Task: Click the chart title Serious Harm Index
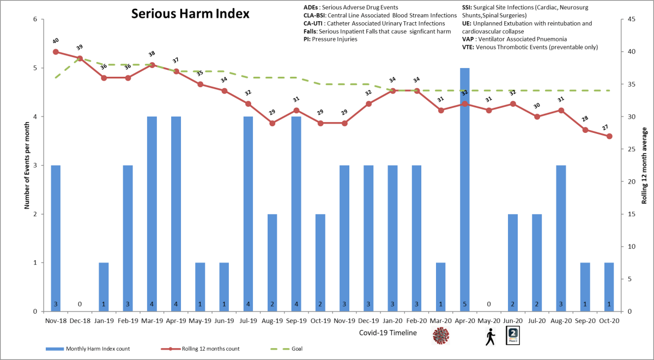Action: [190, 14]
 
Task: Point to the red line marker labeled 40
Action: [56, 52]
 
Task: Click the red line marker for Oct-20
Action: [609, 136]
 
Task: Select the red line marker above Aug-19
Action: [272, 123]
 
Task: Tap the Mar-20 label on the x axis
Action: [440, 321]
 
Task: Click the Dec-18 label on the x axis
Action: [80, 321]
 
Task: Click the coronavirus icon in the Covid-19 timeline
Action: [440, 336]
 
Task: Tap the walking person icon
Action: [489, 337]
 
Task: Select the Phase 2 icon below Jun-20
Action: [513, 336]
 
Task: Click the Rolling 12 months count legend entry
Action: [208, 349]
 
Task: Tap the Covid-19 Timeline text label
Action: [388, 332]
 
